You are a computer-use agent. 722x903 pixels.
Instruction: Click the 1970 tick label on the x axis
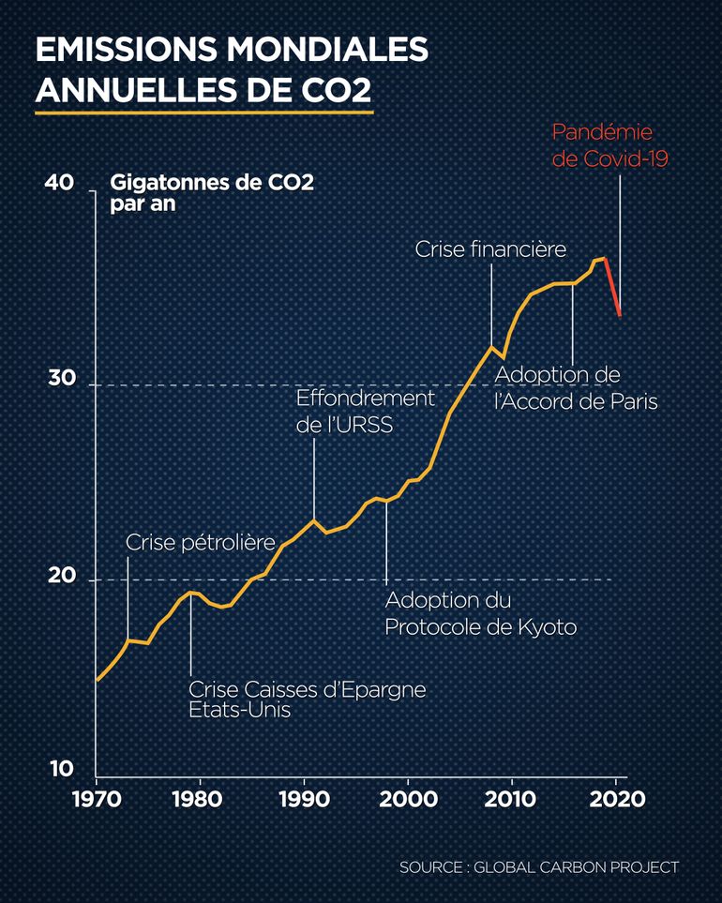coord(98,803)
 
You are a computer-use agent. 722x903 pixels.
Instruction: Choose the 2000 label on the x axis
coord(407,803)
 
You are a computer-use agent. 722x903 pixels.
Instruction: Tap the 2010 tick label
coord(511,803)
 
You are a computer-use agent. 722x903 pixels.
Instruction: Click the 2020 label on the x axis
coord(615,803)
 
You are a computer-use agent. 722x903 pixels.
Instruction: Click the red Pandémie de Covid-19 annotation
coord(602,145)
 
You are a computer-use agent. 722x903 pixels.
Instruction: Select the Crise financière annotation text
coord(490,249)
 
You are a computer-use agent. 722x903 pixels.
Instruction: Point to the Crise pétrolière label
coord(200,542)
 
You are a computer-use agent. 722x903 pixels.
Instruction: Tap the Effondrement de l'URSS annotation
coord(366,411)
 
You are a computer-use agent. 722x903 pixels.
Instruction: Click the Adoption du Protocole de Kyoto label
coord(480,613)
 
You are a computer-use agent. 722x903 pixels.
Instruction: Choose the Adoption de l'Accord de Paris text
coord(576,388)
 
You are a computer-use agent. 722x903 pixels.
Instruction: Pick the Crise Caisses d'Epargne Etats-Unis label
coord(307,700)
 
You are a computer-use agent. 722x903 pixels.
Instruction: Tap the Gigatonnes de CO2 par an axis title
coord(212,191)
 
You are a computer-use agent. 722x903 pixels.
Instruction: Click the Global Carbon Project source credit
coord(538,866)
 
